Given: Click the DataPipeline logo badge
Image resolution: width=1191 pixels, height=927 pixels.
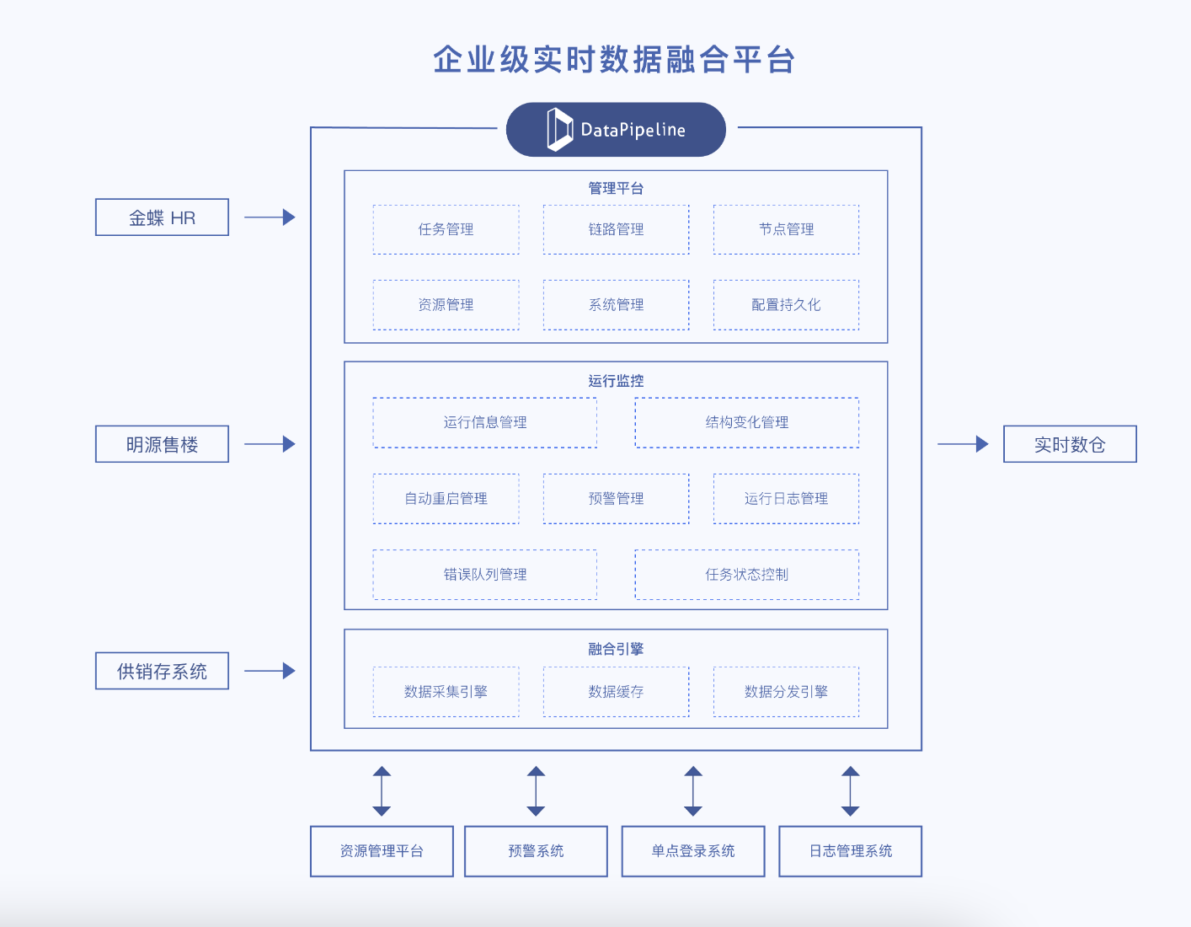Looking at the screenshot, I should point(616,130).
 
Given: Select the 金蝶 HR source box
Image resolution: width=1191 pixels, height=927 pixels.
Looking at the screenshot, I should point(162,217).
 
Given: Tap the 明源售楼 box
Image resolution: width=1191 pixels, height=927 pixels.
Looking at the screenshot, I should point(162,444).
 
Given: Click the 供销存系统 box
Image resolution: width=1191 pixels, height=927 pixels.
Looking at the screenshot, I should point(162,671).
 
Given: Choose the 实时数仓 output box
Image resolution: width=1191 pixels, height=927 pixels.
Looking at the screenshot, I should point(1070,444).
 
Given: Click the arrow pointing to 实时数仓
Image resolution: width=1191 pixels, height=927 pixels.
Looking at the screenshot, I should point(963,444).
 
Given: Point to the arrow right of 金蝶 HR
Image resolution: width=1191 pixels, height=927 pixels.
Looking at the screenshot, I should point(270,217).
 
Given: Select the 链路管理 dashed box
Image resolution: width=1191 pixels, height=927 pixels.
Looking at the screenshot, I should point(616,229).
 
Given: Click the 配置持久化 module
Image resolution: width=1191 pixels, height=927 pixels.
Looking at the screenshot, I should point(786,305).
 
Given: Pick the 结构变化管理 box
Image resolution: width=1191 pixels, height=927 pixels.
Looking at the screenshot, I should point(746,422).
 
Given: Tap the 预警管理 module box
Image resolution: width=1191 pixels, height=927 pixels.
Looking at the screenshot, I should point(616,499).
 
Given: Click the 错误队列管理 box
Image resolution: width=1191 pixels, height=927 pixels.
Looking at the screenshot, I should point(485,575).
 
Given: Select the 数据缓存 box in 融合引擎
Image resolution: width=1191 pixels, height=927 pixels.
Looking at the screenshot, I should point(616,692).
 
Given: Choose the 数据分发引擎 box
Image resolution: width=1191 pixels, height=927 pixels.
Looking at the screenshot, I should point(786,692).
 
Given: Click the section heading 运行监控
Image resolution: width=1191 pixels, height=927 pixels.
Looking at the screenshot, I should point(616,381).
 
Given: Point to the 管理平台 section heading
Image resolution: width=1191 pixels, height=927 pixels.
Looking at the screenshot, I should point(616,188).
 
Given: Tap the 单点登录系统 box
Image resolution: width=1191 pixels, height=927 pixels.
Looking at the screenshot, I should point(692,851).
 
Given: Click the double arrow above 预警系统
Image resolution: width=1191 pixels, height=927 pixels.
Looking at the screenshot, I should point(536,791).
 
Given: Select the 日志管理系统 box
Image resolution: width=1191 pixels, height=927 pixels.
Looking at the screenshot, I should point(850,851).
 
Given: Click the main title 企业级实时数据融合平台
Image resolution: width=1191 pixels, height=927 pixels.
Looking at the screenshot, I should point(614,60).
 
